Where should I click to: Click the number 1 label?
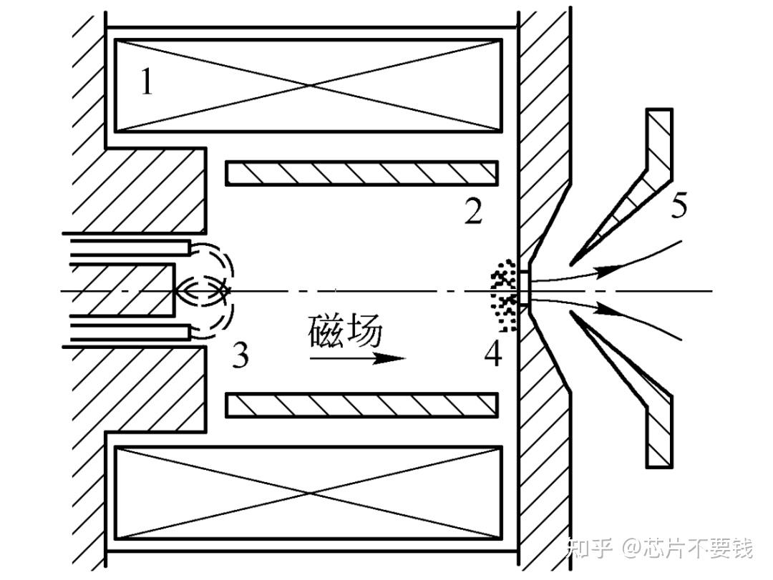tap(146, 83)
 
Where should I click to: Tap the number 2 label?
tap(473, 212)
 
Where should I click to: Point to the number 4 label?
tap(492, 353)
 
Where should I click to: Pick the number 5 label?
tap(679, 206)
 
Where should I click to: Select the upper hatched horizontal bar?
tap(361, 173)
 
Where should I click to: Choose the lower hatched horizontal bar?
tap(361, 405)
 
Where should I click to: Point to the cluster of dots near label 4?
tap(505, 293)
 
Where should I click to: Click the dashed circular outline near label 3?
tap(215, 290)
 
